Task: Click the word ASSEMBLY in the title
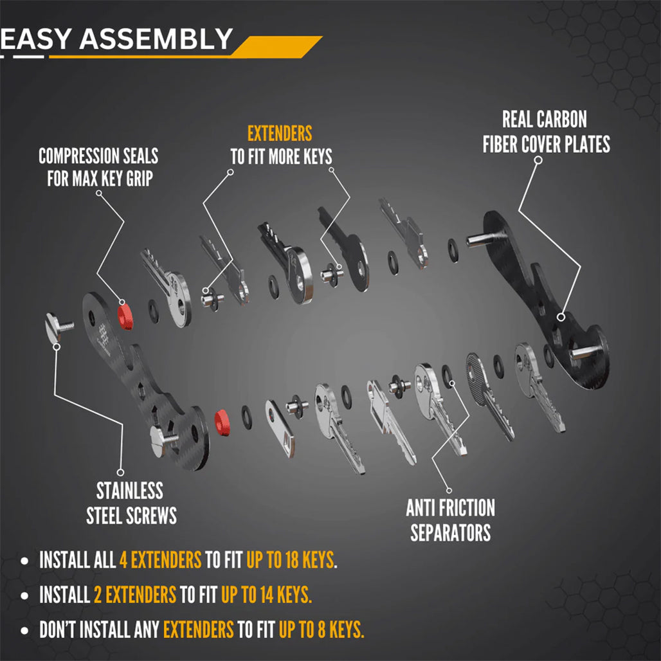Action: click(156, 39)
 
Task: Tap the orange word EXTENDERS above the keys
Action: click(280, 134)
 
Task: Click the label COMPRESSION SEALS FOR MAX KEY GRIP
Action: click(98, 167)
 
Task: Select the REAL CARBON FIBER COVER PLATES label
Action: click(546, 132)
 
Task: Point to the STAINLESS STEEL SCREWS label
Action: click(131, 503)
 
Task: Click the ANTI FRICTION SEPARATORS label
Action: click(450, 520)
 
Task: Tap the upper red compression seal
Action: click(124, 314)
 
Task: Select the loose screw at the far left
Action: click(59, 325)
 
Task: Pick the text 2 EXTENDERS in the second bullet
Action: click(135, 595)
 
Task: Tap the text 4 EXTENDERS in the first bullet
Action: click(161, 560)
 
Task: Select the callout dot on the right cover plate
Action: click(561, 316)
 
